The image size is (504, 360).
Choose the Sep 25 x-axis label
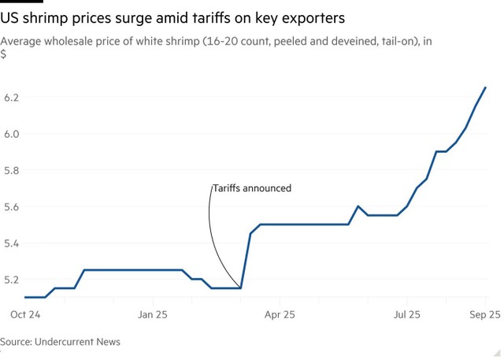click(x=483, y=314)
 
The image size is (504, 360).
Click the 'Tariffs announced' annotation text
click(x=252, y=188)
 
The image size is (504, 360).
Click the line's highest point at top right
click(x=485, y=87)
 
